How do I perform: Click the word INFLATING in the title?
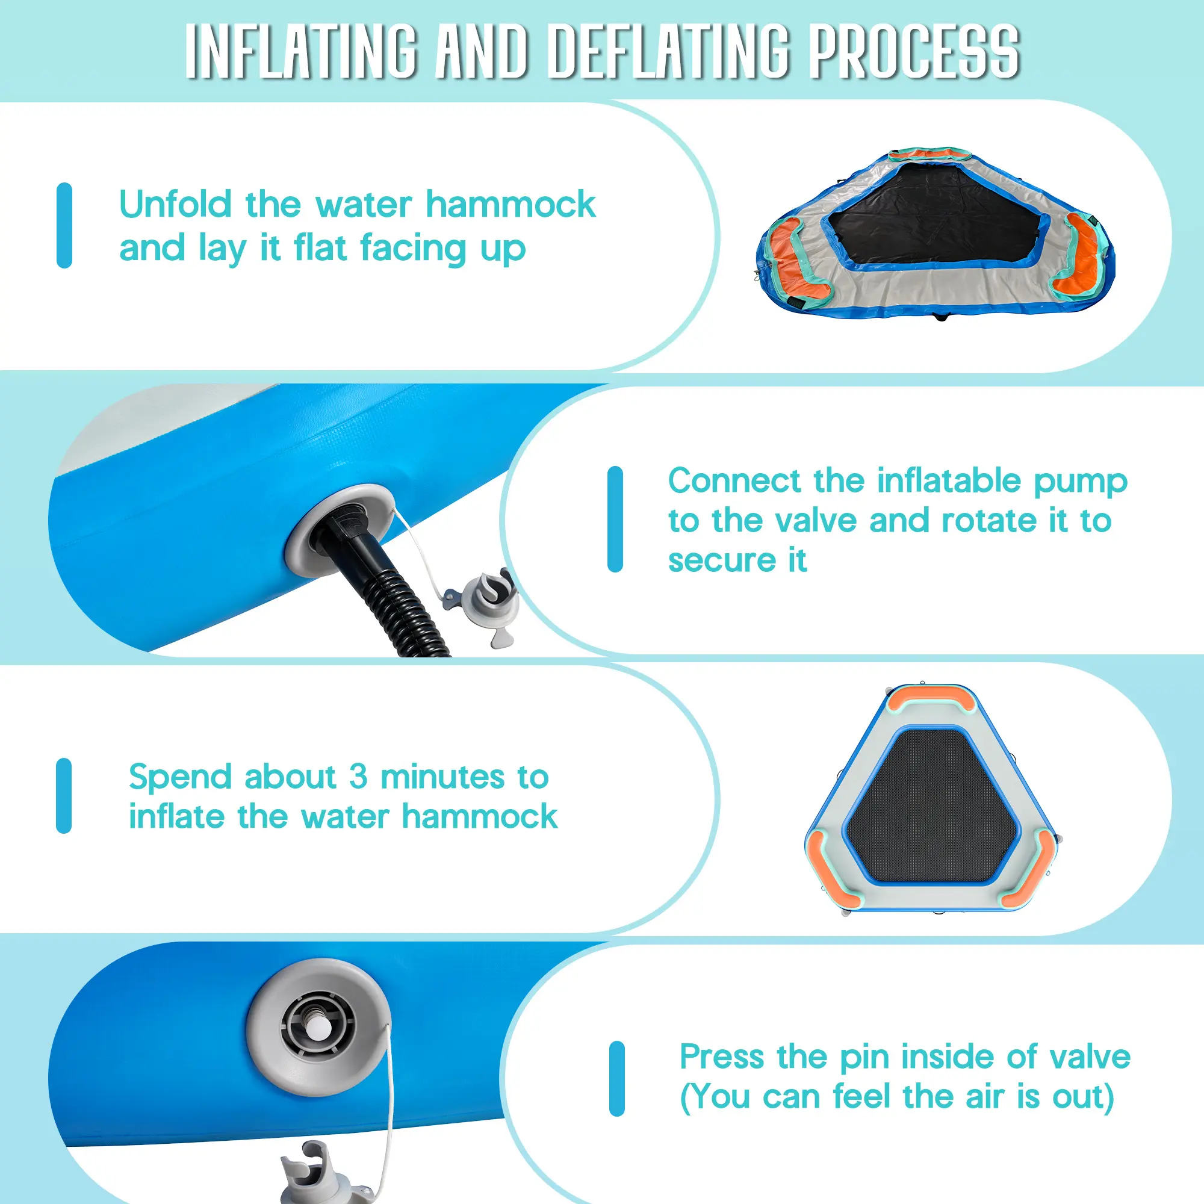point(301,52)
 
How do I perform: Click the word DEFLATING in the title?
point(670,52)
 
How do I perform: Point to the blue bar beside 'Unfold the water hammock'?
point(64,225)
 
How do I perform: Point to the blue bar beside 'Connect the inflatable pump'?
point(615,519)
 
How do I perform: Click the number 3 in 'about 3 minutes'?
point(358,777)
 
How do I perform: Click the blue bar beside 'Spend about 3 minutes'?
point(64,796)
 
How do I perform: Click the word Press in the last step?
point(722,1057)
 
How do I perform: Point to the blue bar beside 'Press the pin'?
point(617,1078)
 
